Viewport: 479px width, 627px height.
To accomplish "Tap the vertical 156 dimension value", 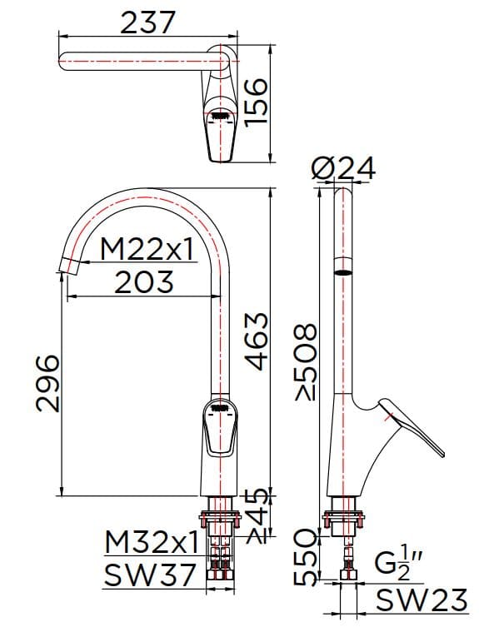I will (258, 101).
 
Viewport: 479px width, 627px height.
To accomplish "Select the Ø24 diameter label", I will (342, 170).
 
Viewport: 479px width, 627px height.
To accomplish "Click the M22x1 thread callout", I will (147, 248).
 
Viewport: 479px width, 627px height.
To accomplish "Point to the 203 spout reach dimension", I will (144, 282).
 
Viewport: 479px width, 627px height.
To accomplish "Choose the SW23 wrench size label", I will (417, 600).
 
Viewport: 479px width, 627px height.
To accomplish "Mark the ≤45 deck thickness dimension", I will (258, 517).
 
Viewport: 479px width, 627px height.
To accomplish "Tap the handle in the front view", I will (220, 429).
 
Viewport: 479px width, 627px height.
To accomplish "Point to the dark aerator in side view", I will (342, 272).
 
